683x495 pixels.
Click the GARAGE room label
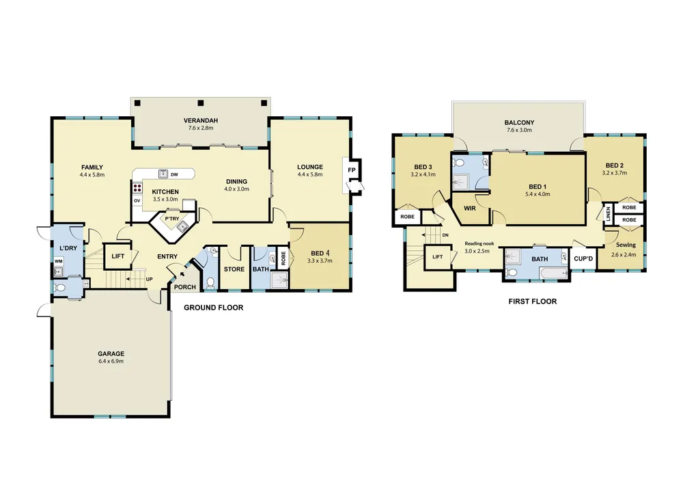coord(111,353)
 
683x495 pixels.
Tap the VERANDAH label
coord(200,120)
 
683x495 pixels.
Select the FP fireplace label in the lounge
coord(352,170)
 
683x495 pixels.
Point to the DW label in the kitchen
coord(174,174)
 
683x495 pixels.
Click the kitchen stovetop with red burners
coord(137,188)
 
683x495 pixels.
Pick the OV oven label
coord(137,200)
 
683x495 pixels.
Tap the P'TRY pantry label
coord(171,219)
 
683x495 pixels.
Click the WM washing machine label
coord(58,261)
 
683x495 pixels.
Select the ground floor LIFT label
coord(117,256)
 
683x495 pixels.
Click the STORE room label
coord(234,269)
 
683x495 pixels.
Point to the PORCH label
coord(184,287)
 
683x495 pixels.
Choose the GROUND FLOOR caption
coord(213,308)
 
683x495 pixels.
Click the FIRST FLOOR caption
coord(532,302)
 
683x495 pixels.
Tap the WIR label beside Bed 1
coord(470,209)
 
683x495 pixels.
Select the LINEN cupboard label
coord(608,214)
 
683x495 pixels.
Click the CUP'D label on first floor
coord(583,258)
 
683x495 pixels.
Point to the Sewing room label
coord(626,245)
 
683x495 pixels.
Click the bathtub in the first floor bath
coord(553,273)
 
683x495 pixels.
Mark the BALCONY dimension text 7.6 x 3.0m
coord(519,130)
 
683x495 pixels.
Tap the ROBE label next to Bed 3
coord(407,217)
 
